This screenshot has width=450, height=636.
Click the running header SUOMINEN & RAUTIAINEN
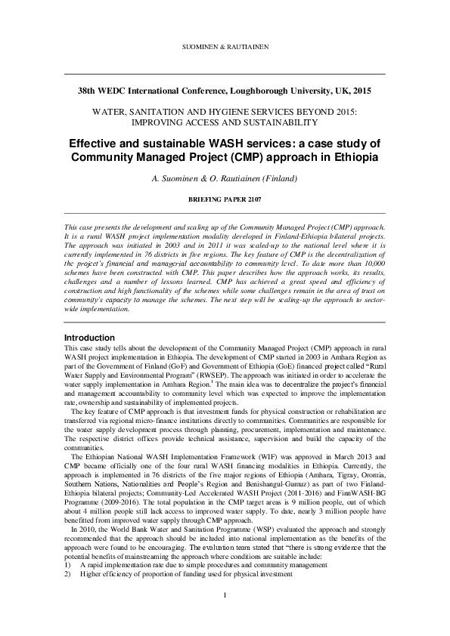(x=225, y=47)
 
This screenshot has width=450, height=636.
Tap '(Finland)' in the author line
(x=279, y=179)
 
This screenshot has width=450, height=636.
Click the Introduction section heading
(x=89, y=337)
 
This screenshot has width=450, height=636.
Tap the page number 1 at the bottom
(x=225, y=598)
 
